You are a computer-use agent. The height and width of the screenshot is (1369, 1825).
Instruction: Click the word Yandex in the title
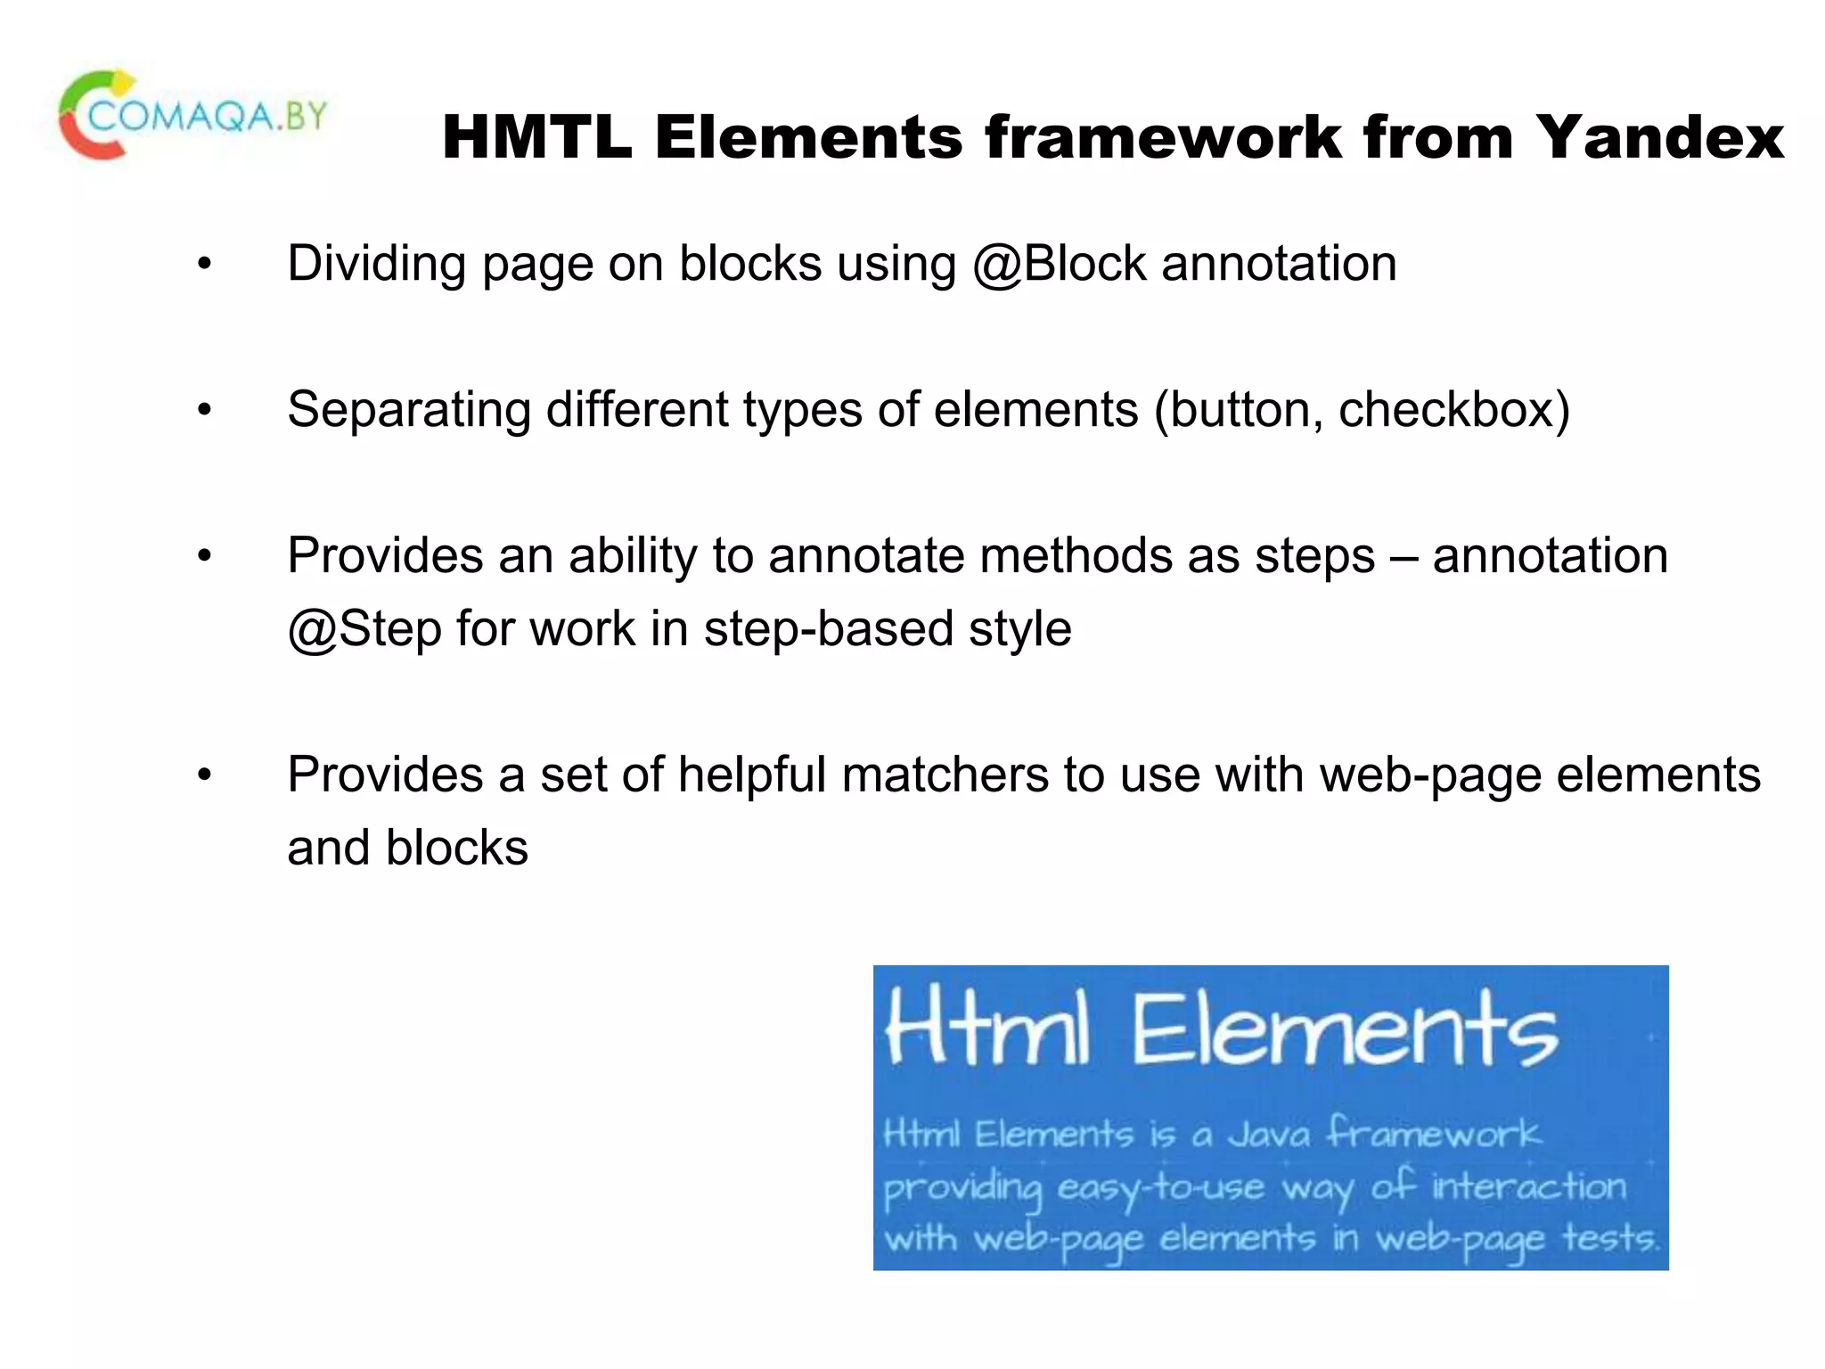(x=1659, y=138)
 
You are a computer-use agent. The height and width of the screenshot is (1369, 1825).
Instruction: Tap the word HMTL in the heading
(x=537, y=138)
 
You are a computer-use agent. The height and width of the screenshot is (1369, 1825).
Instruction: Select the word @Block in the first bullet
(x=1059, y=264)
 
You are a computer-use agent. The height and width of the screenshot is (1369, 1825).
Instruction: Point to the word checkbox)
(x=1453, y=410)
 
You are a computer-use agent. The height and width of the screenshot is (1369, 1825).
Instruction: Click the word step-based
(x=828, y=629)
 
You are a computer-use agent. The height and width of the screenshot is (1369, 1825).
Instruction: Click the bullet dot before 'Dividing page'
(x=205, y=265)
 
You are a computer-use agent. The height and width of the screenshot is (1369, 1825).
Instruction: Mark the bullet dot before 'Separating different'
(x=205, y=411)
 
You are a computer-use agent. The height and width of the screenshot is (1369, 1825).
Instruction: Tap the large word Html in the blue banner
(x=987, y=1032)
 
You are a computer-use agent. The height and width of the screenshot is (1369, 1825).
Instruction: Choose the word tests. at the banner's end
(x=1611, y=1239)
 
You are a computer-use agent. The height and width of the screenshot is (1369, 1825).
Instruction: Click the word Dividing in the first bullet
(x=376, y=264)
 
